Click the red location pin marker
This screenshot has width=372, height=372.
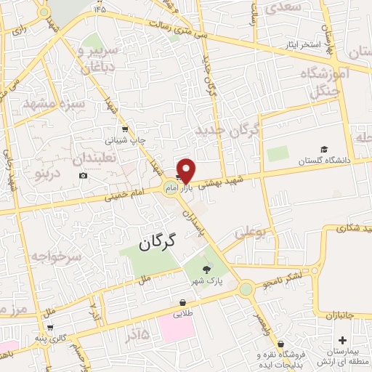(x=186, y=170)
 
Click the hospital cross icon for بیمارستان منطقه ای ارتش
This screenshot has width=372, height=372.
(x=343, y=340)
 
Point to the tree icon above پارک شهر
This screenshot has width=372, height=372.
(x=207, y=270)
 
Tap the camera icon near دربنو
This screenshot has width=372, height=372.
(x=84, y=176)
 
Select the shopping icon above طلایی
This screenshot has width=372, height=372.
(x=181, y=303)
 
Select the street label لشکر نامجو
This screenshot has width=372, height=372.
(x=291, y=272)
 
